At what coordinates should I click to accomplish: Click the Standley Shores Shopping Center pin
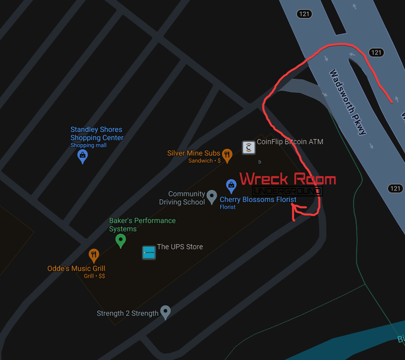click(x=82, y=156)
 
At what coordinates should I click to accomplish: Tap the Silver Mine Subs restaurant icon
click(x=227, y=155)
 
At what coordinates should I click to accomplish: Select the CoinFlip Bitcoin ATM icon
click(x=249, y=148)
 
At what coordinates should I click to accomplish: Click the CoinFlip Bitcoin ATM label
click(x=290, y=141)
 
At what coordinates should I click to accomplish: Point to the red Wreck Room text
click(x=288, y=179)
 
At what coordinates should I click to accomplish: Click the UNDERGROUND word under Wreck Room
click(x=288, y=191)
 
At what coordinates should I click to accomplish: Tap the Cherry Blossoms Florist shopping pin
click(x=232, y=185)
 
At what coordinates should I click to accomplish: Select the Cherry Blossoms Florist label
click(x=258, y=199)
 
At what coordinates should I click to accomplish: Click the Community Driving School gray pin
click(x=212, y=196)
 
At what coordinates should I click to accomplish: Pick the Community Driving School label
click(x=182, y=198)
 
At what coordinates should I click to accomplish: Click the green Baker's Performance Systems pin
click(x=120, y=240)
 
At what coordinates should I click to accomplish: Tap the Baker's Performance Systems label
click(x=142, y=225)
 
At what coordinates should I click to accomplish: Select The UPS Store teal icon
click(x=149, y=252)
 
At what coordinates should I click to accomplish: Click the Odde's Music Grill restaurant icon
click(x=94, y=255)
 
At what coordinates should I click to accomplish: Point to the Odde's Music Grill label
click(x=77, y=268)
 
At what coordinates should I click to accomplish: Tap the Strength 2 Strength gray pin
click(x=165, y=311)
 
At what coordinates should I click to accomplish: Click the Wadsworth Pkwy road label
click(x=347, y=102)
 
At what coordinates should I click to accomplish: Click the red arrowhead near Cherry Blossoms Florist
click(x=294, y=207)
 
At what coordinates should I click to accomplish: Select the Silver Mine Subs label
click(x=193, y=153)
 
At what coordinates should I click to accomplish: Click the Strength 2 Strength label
click(x=128, y=313)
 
